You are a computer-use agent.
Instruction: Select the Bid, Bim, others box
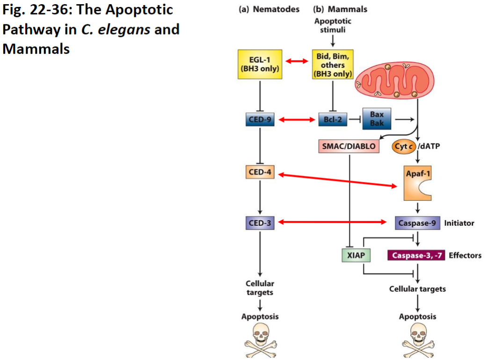(x=332, y=65)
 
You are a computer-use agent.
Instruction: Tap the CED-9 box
(x=260, y=120)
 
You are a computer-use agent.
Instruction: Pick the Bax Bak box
(x=377, y=120)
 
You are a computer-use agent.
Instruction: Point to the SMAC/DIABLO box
(x=349, y=146)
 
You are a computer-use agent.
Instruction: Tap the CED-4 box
(x=260, y=172)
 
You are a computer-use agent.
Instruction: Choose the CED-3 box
(x=260, y=223)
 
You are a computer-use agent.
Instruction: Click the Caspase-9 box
(x=417, y=223)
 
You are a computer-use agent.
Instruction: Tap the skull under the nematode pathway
(x=260, y=340)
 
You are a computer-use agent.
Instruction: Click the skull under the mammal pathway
(x=417, y=340)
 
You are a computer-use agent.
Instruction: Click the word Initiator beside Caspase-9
(x=459, y=223)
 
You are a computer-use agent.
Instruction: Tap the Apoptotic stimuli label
(x=333, y=25)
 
